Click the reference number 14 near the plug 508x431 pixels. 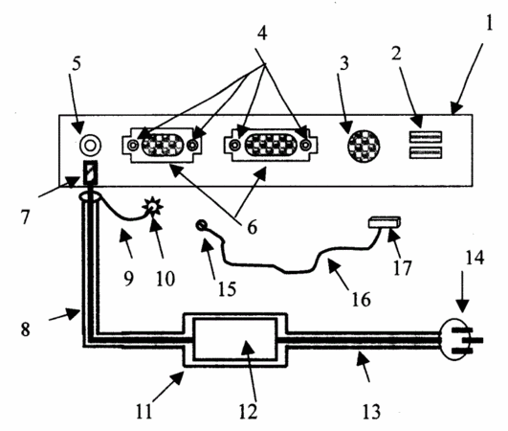point(475,258)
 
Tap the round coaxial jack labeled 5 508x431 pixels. point(90,145)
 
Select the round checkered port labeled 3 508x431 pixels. point(364,147)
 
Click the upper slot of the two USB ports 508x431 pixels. point(426,137)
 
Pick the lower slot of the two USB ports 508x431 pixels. point(426,152)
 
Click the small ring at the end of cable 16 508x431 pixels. point(202,224)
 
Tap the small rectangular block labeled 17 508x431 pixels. point(385,222)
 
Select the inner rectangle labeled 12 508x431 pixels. point(234,339)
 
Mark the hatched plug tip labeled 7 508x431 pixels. point(90,172)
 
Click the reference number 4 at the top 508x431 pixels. point(262,34)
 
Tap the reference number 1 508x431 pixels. point(490,23)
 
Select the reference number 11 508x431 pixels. point(144,412)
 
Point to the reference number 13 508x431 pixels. point(371,412)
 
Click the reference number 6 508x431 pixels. point(252,227)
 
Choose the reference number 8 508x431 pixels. point(25,329)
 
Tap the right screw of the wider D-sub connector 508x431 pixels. point(305,145)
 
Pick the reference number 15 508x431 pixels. point(227,288)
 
